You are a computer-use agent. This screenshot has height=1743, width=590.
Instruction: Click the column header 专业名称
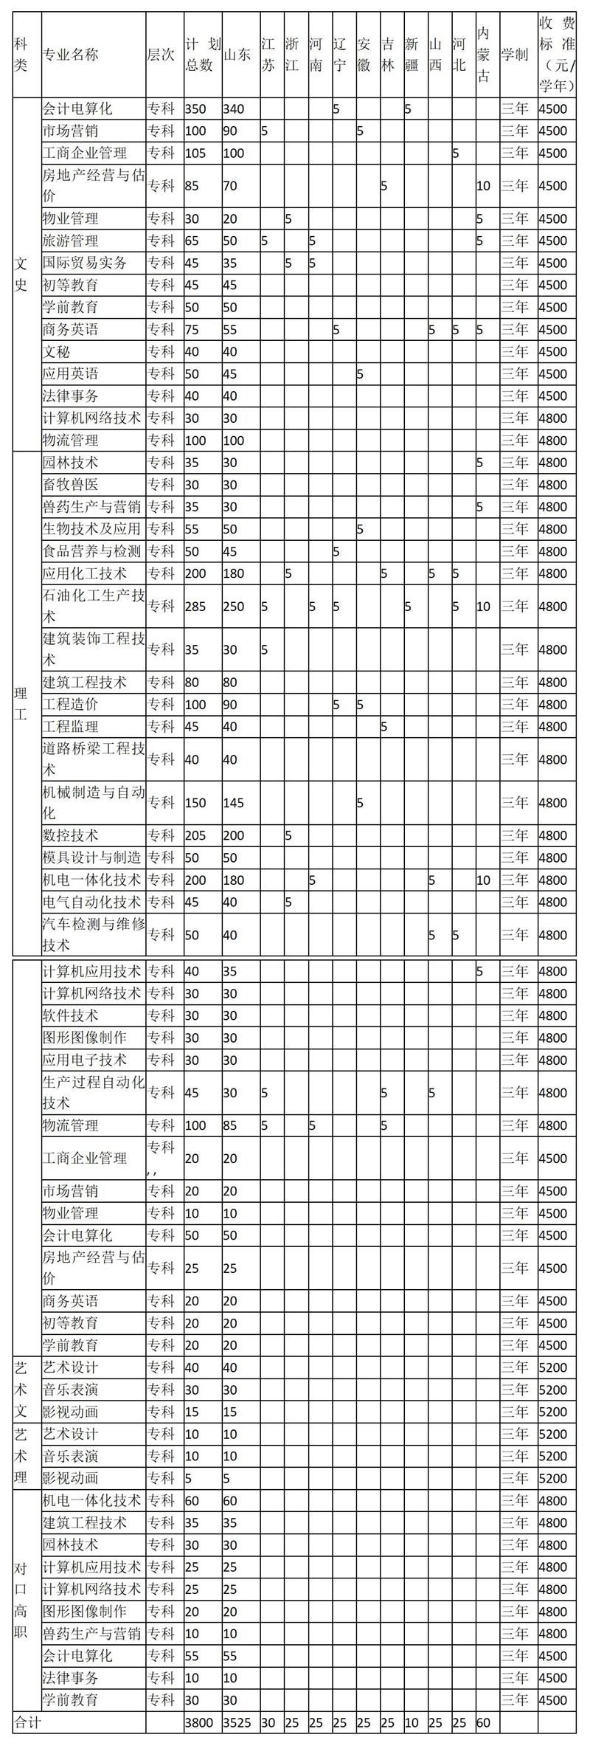70,55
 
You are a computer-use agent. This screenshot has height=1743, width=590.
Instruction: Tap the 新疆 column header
413,55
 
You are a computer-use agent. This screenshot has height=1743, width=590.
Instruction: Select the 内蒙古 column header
484,55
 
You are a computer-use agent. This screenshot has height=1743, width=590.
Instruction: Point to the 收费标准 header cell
558,55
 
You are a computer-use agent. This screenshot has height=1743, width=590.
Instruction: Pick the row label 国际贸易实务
85,263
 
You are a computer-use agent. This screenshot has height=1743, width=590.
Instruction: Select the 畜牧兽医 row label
70,485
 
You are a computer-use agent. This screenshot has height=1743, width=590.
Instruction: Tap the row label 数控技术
70,835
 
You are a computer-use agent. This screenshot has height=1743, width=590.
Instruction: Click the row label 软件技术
70,1015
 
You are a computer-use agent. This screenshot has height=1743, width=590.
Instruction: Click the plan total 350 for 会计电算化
195,109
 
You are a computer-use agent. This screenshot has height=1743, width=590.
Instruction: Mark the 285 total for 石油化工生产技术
195,607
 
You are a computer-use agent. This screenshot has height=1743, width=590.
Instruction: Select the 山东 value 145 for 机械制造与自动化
233,803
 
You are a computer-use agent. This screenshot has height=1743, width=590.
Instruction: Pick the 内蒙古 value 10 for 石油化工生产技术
484,607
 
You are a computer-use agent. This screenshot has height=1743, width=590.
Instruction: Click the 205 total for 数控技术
195,835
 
